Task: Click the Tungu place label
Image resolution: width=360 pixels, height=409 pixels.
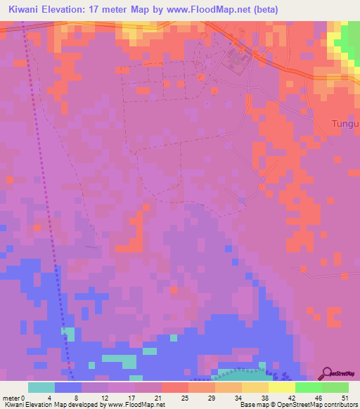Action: pos(345,124)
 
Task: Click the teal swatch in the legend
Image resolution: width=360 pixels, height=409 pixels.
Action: pos(41,387)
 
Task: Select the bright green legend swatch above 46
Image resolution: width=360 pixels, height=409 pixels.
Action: pos(309,387)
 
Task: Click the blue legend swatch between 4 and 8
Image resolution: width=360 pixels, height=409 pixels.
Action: pos(68,387)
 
